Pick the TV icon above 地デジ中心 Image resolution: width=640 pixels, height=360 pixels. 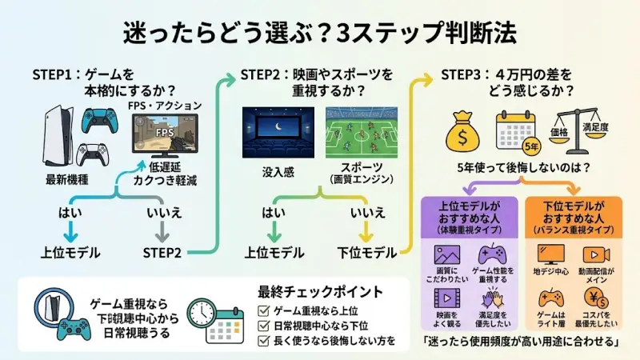coord(549,255)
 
